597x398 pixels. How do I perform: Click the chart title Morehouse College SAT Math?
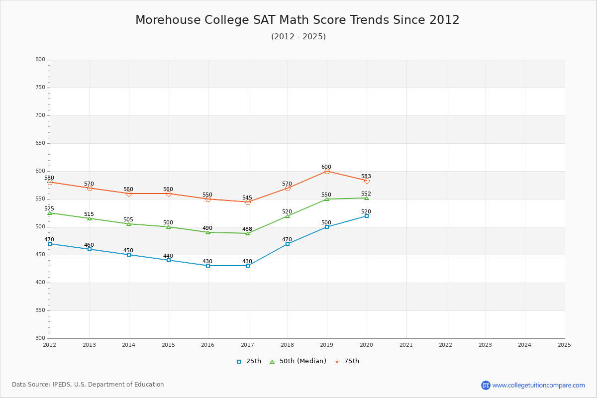[x=297, y=20]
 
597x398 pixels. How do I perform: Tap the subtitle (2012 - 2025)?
[x=298, y=37]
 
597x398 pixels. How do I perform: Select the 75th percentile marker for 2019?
[x=327, y=171]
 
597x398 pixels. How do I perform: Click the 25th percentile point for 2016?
[x=208, y=266]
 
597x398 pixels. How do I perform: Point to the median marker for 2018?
[x=288, y=216]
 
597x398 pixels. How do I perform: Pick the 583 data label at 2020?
[x=366, y=177]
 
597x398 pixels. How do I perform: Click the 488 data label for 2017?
[x=247, y=229]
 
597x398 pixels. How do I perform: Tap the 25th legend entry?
[x=249, y=361]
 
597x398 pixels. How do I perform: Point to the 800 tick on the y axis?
[x=40, y=60]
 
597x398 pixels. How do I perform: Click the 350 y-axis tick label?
[x=40, y=310]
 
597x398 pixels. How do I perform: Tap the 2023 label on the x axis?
[x=485, y=345]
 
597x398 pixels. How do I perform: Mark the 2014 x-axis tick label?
[x=129, y=345]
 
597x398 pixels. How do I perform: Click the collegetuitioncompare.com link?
[x=539, y=385]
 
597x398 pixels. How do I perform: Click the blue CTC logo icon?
[x=486, y=385]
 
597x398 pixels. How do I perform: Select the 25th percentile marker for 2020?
[x=367, y=216]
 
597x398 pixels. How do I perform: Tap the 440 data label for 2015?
[x=168, y=256]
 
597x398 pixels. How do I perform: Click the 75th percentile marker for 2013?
[x=90, y=188]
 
